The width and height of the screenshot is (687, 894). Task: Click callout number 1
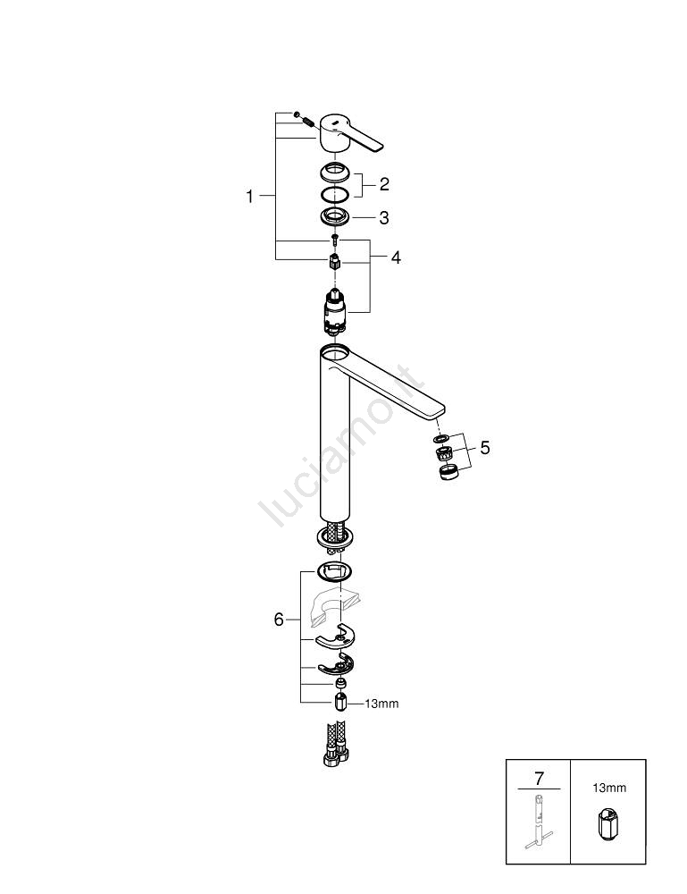coord(249,196)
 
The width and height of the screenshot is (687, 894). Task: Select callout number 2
coord(384,184)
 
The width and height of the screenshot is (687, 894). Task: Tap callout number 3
coord(384,218)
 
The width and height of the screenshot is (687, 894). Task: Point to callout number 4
coord(396,257)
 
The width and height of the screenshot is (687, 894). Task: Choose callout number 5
coord(485,448)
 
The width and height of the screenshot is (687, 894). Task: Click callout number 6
coord(279,620)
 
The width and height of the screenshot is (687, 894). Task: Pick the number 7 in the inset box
coord(539,778)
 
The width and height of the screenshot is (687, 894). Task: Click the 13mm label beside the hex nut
coord(381,704)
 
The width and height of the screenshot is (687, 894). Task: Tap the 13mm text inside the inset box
coord(609,788)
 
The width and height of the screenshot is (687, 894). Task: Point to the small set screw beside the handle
coord(306,122)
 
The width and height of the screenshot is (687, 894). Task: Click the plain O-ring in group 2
coord(334,194)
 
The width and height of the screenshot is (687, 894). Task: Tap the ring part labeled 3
coord(334,216)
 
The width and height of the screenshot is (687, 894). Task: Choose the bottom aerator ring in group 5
coord(448,472)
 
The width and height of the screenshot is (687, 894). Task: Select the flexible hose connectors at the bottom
coord(336,743)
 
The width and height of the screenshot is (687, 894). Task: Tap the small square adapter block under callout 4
coord(335,264)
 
